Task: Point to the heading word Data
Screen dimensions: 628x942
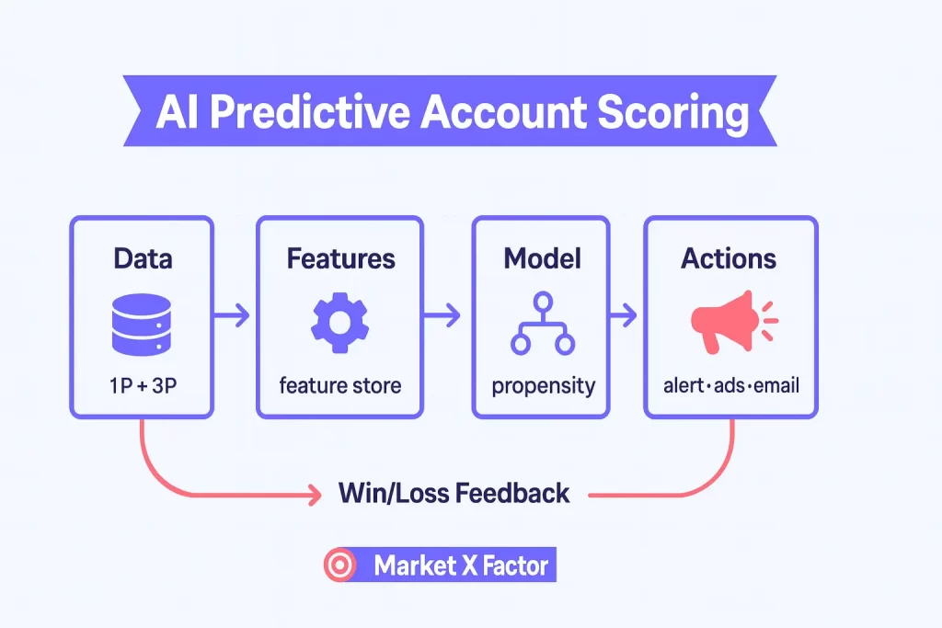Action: [142, 258]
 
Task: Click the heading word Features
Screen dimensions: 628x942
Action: [340, 258]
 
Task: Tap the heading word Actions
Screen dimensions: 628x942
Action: [729, 258]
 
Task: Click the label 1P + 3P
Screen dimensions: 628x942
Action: [142, 384]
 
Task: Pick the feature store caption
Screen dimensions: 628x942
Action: [340, 384]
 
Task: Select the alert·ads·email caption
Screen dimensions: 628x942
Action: [730, 384]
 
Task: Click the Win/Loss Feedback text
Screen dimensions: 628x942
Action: [454, 493]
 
